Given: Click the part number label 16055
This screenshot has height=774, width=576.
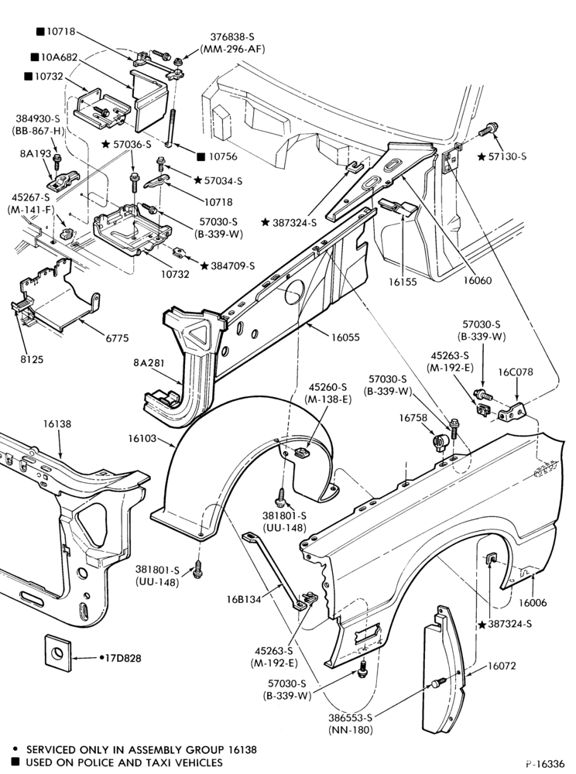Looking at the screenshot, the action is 345,337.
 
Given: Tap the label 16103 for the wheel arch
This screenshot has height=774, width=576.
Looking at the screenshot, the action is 142,438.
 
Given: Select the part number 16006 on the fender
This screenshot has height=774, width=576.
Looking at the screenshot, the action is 533,603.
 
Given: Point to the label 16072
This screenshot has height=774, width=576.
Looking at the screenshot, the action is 502,666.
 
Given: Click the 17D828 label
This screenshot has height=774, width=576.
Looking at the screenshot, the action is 123,658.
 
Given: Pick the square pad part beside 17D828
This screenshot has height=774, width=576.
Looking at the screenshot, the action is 58,653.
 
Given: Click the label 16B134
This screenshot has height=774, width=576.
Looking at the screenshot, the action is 244,599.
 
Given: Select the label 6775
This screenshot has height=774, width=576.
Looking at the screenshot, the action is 117,338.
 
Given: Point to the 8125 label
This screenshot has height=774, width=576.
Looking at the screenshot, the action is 32,359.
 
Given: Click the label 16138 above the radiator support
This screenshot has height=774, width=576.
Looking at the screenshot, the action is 57,424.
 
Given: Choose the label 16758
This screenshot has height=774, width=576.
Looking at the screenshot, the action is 413,418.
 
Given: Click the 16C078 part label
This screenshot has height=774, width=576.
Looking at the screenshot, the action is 516,372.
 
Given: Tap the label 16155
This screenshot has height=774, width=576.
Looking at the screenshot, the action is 403,282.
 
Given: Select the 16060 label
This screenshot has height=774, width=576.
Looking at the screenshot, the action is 477,280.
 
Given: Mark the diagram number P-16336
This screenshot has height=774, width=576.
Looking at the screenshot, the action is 545,763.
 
